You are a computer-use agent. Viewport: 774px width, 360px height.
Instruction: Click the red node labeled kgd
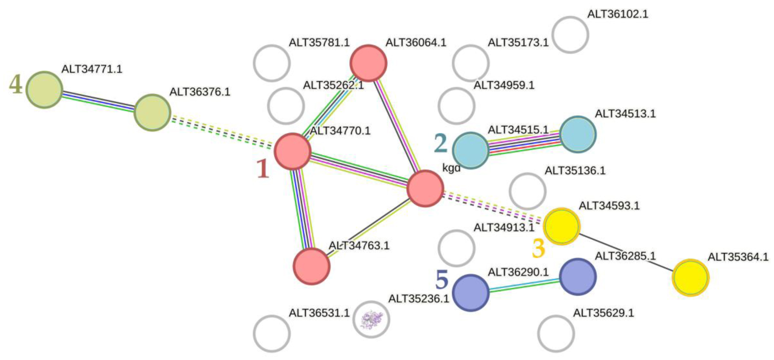pos(425,189)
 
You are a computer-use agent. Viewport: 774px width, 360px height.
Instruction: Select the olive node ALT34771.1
pos(44,90)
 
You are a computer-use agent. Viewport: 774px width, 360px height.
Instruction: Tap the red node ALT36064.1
pos(368,63)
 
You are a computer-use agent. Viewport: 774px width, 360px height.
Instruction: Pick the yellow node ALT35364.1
pos(691,278)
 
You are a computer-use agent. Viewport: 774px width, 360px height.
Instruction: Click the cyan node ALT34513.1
pos(577,134)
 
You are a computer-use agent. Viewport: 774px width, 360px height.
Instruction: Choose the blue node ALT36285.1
pos(577,277)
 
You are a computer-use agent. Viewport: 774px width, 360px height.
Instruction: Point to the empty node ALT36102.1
pos(570,35)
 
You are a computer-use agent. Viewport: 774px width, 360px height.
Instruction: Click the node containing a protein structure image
pos(371,319)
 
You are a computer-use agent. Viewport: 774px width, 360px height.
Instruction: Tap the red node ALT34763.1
pos(311,266)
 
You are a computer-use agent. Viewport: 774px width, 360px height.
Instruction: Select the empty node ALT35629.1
pos(556,333)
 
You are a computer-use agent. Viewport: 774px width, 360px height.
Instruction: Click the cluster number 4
pos(16,85)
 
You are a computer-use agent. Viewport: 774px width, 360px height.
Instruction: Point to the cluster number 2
pos(441,143)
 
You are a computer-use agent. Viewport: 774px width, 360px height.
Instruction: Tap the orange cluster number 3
pos(538,248)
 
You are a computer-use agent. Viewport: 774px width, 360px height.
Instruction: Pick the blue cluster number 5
pos(442,280)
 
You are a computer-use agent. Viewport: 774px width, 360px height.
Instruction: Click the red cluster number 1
pos(263,169)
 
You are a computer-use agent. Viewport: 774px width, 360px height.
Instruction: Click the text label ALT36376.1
pos(199,92)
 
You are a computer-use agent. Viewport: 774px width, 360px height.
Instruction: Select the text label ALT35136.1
pos(575,170)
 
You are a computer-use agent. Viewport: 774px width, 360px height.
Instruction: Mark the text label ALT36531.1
pos(319,313)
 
